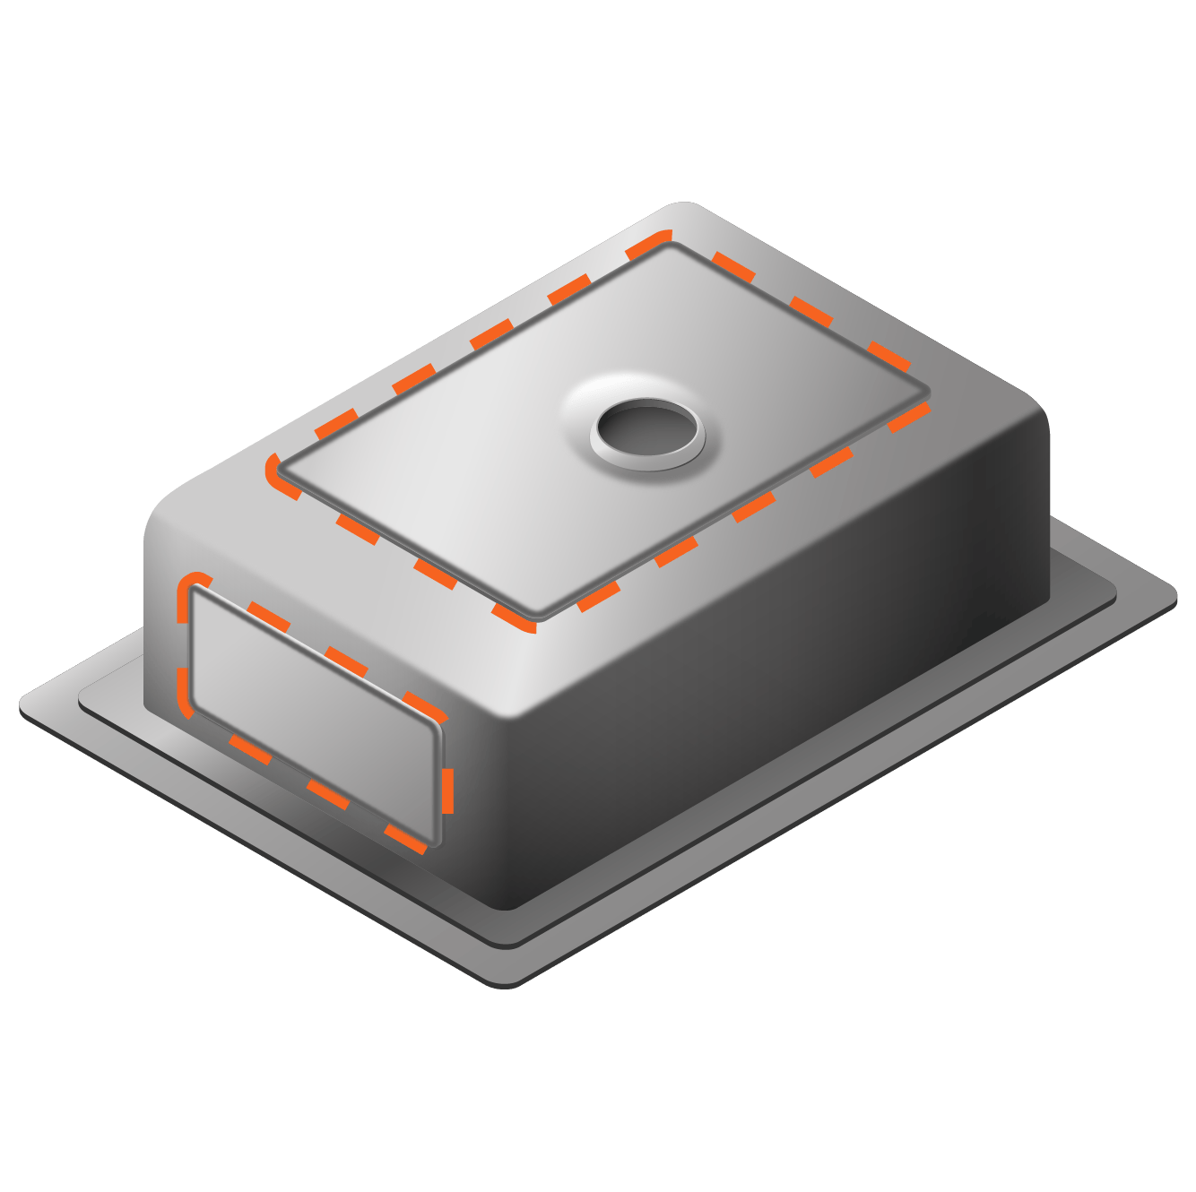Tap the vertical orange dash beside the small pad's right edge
point(446,789)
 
